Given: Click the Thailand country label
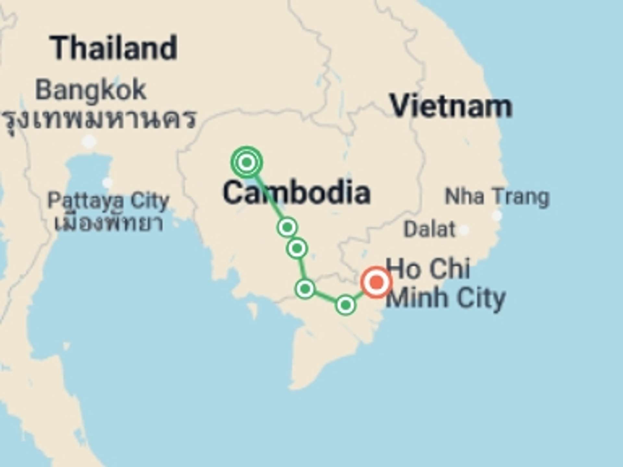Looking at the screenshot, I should pos(114,48).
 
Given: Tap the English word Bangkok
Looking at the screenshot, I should pos(91,90).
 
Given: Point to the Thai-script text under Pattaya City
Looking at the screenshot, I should pos(109,223).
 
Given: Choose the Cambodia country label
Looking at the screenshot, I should pos(297,193).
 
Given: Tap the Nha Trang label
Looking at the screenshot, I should pos(497,197).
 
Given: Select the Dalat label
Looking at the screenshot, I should pos(430,229).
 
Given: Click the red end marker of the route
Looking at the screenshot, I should pos(376,282).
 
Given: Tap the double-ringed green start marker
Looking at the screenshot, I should pos(247,162).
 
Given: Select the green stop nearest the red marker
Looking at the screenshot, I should pos(346,305).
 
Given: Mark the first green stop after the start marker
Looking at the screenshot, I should pos(287,227).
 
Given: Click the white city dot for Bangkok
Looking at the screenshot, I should pos(89,141).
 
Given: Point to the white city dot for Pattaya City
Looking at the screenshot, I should pos(107,183).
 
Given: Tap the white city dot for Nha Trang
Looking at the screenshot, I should pos(497,215).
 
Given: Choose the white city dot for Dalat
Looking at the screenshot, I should pos(464,230).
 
